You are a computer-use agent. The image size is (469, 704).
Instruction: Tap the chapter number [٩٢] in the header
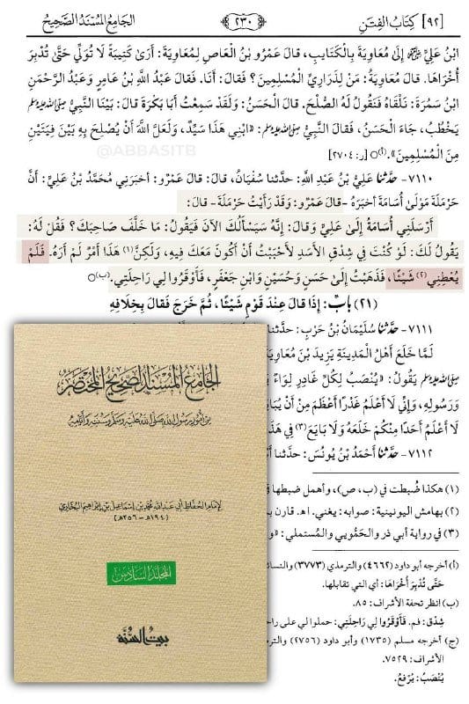click(448, 16)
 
